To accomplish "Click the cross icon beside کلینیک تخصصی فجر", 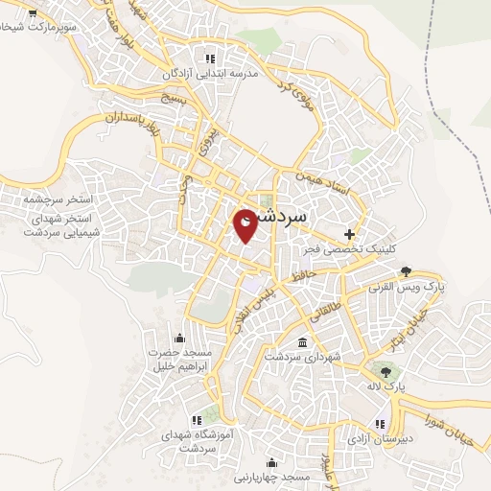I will tap(349, 234).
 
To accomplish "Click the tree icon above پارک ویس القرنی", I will tap(407, 271).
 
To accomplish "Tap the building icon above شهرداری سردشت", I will tap(303, 342).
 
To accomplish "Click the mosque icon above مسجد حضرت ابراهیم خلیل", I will tap(179, 338).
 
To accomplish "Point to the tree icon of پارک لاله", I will tap(386, 371).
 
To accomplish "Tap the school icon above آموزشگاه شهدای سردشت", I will tap(198, 419).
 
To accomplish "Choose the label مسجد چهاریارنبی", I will tap(271, 477).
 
